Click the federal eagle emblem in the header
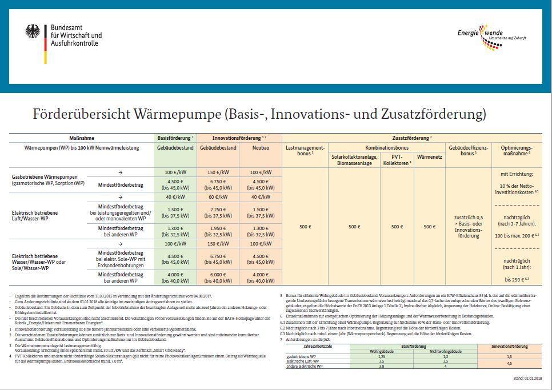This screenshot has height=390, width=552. pos(33,31)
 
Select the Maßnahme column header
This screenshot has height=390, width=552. pos(82,138)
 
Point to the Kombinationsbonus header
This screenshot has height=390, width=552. pos(386,148)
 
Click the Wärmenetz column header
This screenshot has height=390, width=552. pos(430,156)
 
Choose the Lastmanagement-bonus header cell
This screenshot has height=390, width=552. pos(305,151)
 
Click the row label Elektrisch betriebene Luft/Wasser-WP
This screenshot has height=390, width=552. pos(35,216)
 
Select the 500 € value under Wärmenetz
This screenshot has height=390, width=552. pos(430,227)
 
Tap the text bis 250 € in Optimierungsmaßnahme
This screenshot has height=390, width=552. pos(517,279)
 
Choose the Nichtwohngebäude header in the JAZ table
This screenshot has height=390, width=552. pos(444,351)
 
